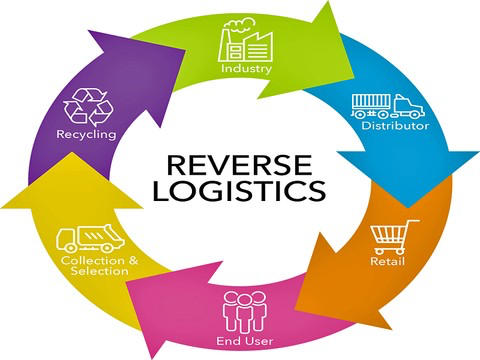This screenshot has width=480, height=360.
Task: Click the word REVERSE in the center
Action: (239, 165)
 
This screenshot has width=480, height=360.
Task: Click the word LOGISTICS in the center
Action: (239, 190)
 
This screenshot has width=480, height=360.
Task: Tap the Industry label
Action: (246, 69)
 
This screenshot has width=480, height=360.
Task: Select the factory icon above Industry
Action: (246, 40)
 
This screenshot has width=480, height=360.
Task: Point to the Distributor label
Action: (395, 125)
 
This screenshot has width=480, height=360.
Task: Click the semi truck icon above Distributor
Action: (388, 106)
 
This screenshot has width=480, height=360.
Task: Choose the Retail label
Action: (387, 261)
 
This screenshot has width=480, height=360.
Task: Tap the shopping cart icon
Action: (394, 237)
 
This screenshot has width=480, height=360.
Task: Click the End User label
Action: (245, 341)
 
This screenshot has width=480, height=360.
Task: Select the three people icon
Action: (245, 312)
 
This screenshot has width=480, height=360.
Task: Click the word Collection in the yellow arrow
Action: (92, 260)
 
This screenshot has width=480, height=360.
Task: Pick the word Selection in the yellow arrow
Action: (99, 270)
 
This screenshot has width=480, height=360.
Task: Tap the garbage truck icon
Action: (90, 238)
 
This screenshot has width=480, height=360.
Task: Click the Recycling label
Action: (86, 134)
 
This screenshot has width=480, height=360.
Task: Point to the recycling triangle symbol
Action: (88, 107)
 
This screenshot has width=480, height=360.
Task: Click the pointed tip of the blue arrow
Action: (408, 208)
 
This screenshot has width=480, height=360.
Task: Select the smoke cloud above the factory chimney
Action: (239, 24)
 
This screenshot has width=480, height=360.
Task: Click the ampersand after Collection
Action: (133, 260)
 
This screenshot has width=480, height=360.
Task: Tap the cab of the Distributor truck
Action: (409, 106)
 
